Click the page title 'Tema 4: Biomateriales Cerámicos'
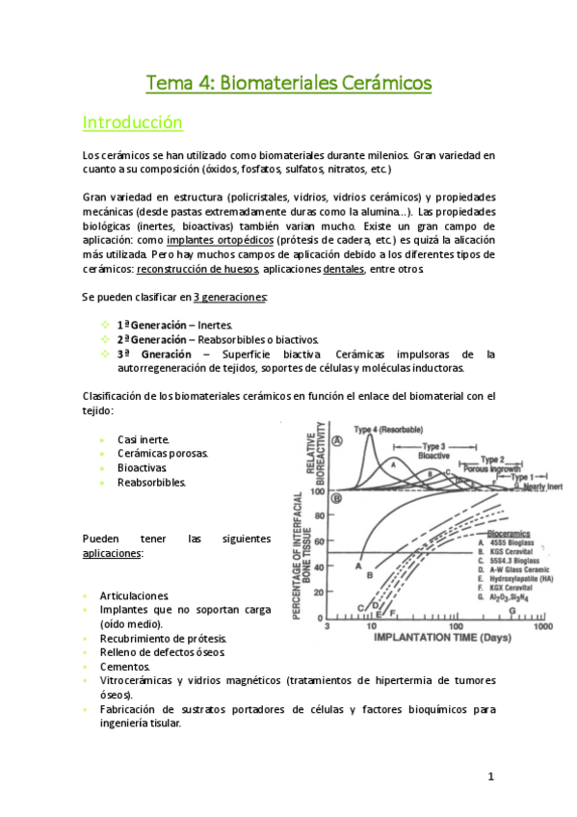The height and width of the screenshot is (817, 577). [x=288, y=85]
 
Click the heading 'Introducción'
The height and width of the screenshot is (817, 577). [x=132, y=123]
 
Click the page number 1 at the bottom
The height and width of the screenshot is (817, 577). [x=490, y=777]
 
